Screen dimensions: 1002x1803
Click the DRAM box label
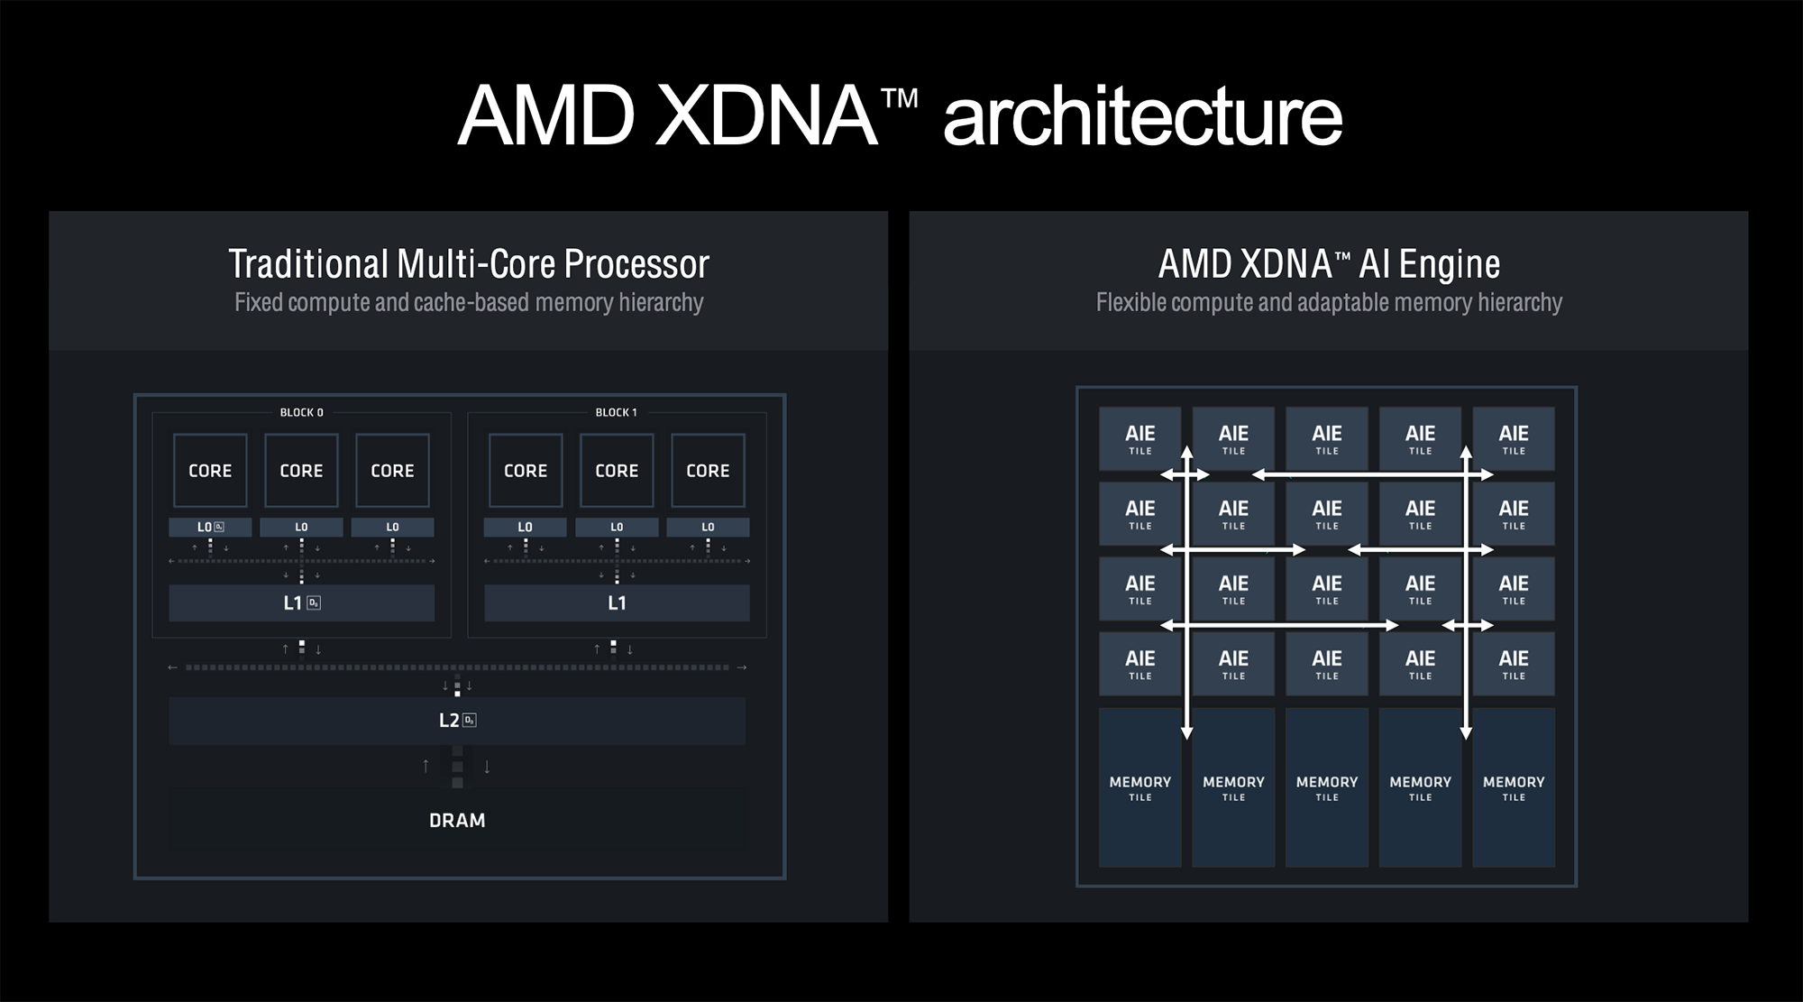[x=457, y=821]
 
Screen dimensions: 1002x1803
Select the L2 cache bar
[x=457, y=720]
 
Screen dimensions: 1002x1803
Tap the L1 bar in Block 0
[x=301, y=602]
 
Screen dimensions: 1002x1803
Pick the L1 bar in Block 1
[x=617, y=602]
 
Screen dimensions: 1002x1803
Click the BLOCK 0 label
[x=301, y=412]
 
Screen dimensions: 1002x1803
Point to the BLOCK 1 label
[x=616, y=412]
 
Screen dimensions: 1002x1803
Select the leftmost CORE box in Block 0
[x=210, y=470]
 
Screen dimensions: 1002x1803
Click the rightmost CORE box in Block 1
[x=708, y=470]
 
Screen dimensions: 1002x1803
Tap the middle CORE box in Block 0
[x=301, y=470]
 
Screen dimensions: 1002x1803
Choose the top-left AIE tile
[x=1139, y=438]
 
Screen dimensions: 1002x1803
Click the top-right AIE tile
[x=1514, y=438]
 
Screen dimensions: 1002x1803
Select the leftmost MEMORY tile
[x=1139, y=787]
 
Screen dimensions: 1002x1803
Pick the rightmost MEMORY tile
[x=1514, y=787]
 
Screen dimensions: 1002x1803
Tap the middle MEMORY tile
[x=1327, y=787]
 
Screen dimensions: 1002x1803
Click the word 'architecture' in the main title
[x=1142, y=116]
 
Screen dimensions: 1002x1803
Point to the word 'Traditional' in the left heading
[x=308, y=264]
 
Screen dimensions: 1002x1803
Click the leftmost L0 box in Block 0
[x=210, y=527]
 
